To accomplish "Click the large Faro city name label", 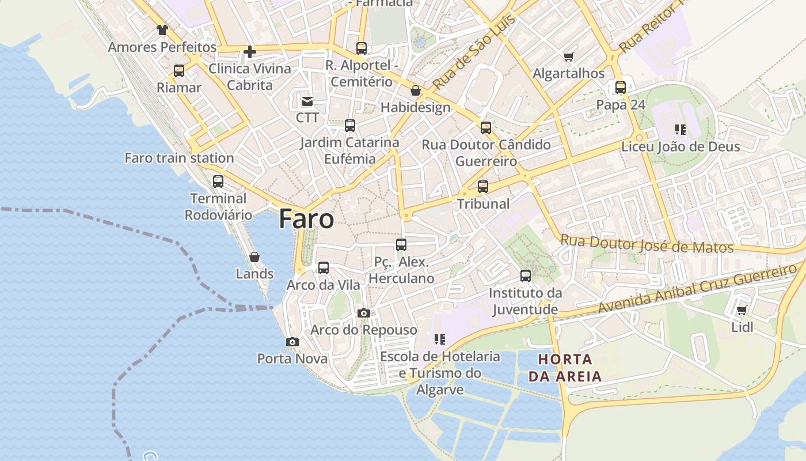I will [x=306, y=220].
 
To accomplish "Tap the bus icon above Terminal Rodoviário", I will [x=218, y=181].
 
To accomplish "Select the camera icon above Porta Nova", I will [x=292, y=342].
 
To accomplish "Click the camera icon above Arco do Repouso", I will [x=363, y=313].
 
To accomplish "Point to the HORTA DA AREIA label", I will [x=565, y=368].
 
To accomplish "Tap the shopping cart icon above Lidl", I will [x=742, y=310].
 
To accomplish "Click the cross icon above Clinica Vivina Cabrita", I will [x=249, y=52].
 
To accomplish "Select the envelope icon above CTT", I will [x=307, y=101].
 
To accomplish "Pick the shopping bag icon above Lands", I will [x=254, y=257].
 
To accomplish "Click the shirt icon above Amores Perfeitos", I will [x=162, y=30].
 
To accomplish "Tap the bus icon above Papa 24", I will [x=621, y=88].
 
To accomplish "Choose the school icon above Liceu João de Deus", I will [x=680, y=130].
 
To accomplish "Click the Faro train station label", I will [x=179, y=158].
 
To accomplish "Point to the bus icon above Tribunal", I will [x=483, y=187].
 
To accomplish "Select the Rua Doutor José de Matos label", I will [x=647, y=244].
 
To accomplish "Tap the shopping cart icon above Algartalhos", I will [x=569, y=56].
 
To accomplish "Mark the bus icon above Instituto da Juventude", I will [x=525, y=275].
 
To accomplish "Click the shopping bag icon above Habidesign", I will [x=416, y=91].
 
